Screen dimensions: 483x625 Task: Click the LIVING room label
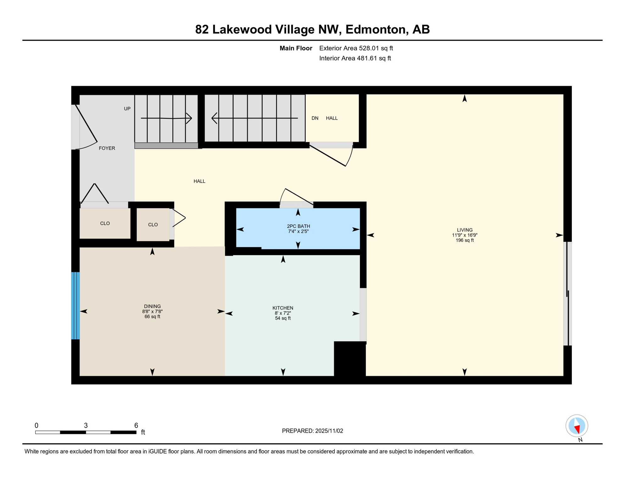point(464,230)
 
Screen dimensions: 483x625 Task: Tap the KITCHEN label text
point(283,308)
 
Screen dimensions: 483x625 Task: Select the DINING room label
point(152,306)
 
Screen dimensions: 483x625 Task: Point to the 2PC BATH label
point(298,226)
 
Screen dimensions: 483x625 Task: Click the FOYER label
point(107,148)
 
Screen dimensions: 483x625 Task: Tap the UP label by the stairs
point(127,109)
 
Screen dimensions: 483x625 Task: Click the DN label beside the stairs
point(315,118)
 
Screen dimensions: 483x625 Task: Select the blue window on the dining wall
point(75,306)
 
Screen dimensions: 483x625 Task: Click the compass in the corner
point(577,426)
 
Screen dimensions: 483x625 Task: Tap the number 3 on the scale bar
point(86,425)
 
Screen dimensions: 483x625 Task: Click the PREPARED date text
point(312,431)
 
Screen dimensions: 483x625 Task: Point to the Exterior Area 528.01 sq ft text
point(356,48)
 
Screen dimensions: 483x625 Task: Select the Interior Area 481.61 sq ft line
point(355,58)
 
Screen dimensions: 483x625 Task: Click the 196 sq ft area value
point(464,240)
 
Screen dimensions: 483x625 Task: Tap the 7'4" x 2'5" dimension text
point(298,231)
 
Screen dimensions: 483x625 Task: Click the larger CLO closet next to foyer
point(105,223)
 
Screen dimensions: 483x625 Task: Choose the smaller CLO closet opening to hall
point(153,225)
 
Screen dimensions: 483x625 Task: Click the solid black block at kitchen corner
point(350,358)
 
